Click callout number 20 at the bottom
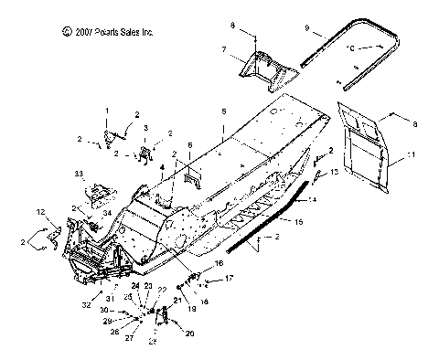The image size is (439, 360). click(x=190, y=334)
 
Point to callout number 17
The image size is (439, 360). click(x=230, y=278)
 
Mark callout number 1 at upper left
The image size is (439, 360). click(x=105, y=111)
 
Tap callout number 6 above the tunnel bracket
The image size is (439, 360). click(x=189, y=146)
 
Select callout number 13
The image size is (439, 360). click(x=335, y=171)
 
